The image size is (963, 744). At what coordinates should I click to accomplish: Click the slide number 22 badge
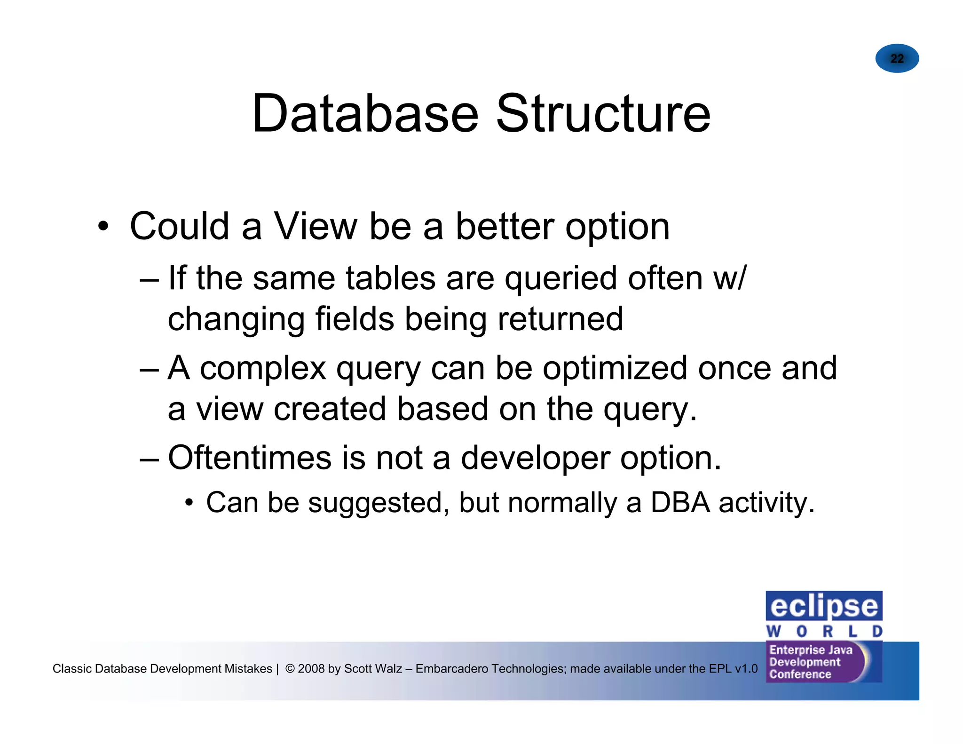(897, 58)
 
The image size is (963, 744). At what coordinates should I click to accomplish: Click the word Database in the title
(365, 114)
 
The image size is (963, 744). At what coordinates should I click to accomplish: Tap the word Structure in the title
(603, 114)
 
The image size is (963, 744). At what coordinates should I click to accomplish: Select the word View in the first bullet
(316, 227)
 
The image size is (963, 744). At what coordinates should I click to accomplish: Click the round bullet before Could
(103, 227)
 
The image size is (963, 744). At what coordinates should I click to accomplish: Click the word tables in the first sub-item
(391, 278)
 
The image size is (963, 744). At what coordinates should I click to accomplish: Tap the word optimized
(615, 368)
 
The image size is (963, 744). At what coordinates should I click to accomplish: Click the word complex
(263, 368)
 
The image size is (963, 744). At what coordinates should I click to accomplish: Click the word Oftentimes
(250, 458)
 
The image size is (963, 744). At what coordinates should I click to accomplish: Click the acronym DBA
(680, 503)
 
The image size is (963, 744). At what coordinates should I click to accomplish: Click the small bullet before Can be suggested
(189, 503)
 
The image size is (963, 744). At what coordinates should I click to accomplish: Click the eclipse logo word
(824, 607)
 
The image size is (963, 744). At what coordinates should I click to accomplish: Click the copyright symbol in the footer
(290, 669)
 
